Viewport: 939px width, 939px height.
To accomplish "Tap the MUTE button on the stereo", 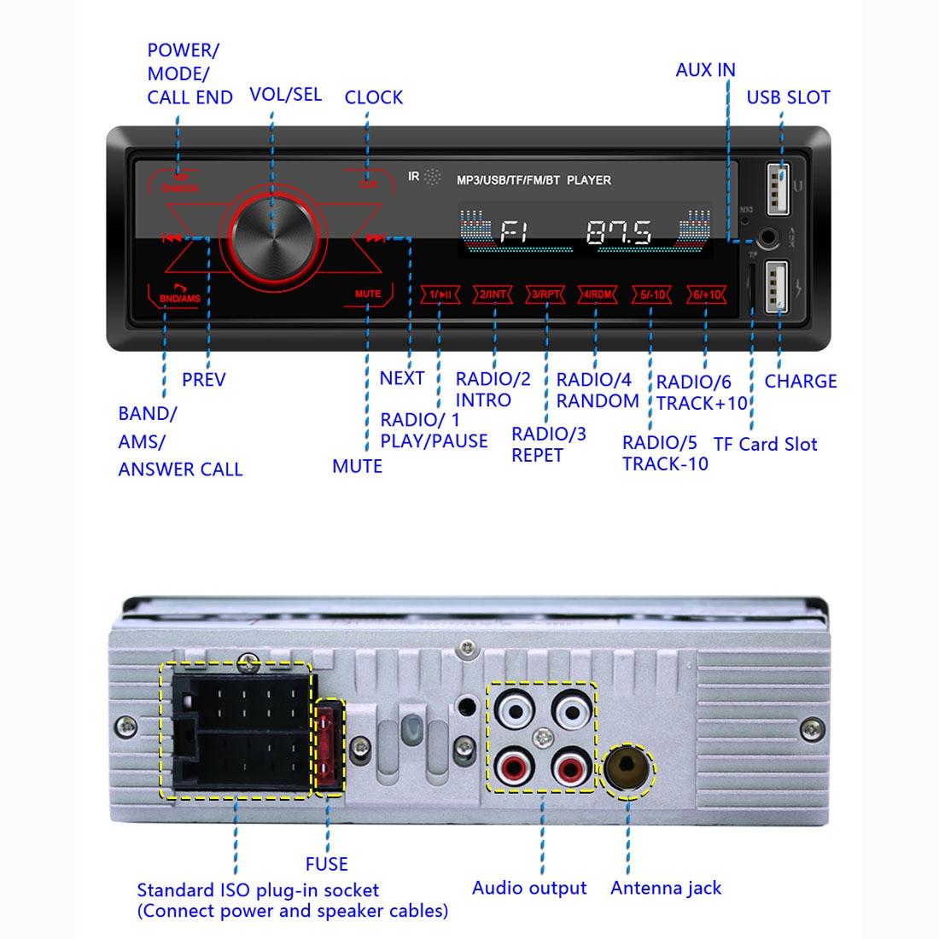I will tap(368, 295).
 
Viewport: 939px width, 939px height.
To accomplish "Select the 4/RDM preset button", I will tap(597, 295).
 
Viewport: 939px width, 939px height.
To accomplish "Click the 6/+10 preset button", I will tap(707, 295).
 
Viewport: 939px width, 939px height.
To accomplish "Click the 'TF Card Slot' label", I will tap(765, 444).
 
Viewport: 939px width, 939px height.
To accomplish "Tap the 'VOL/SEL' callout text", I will tap(285, 94).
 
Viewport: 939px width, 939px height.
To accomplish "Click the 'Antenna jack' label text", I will tap(665, 888).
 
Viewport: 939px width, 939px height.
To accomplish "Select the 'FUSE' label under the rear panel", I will tap(326, 864).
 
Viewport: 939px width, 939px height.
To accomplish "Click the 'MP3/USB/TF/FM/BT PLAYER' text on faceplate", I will tap(534, 180).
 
